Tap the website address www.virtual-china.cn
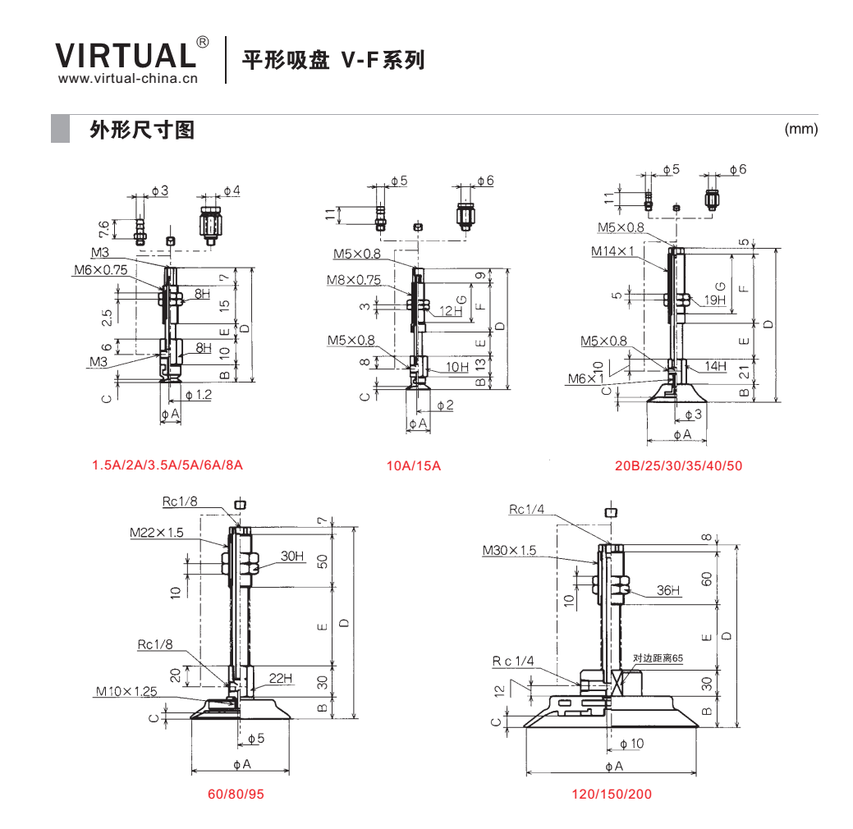pos(128,78)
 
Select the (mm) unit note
pos(800,129)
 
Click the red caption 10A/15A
pos(414,465)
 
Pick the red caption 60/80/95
pos(236,795)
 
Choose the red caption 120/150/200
pos(612,795)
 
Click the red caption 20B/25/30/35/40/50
pos(678,465)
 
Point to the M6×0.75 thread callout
pos(101,270)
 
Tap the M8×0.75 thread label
pos(354,280)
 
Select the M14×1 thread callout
pos(612,251)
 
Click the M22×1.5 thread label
pos(157,533)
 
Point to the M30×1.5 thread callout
pos(509,551)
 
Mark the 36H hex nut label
pos(668,590)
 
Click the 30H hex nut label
pos(292,556)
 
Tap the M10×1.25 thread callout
pos(126,691)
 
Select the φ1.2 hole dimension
pos(199,395)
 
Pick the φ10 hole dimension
pos(631,744)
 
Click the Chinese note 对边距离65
pos(658,658)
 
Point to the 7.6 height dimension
pos(103,229)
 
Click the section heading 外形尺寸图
pos(142,130)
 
